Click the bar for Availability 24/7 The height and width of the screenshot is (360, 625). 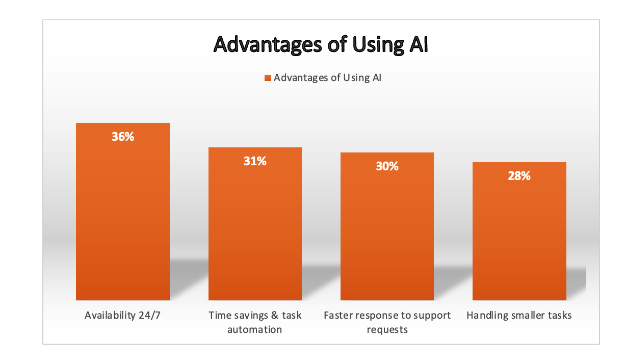coord(123,212)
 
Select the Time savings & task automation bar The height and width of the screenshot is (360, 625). coord(255,224)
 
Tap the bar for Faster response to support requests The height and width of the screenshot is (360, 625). coord(387,226)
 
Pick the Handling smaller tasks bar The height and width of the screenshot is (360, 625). coord(519,231)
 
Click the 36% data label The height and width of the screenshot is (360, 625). coord(123,137)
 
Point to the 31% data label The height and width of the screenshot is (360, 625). coord(255,161)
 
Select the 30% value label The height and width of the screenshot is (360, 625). coord(387,166)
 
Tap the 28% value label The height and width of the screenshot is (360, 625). coord(519,176)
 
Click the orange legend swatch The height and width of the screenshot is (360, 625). coord(268,78)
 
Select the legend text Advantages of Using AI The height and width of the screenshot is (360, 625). coord(327,78)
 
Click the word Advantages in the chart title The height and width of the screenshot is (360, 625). coord(268,45)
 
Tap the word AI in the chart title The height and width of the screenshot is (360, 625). coord(419,44)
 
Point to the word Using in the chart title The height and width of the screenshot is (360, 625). coord(378,45)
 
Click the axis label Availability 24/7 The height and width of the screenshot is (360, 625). coord(122,315)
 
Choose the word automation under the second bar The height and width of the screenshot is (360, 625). coord(254,329)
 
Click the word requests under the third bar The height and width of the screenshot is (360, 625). coord(387,330)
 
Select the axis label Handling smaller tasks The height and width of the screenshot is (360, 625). coord(519,315)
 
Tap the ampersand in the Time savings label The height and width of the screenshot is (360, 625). coord(275,315)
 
